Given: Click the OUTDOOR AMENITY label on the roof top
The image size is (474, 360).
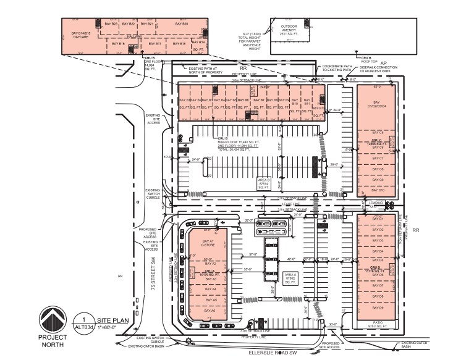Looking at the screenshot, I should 289,30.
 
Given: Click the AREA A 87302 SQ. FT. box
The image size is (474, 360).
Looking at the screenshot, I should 290,278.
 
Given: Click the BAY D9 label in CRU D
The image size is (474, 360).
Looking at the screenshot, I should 378,307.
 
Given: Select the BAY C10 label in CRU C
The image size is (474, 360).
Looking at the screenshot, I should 377,190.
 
